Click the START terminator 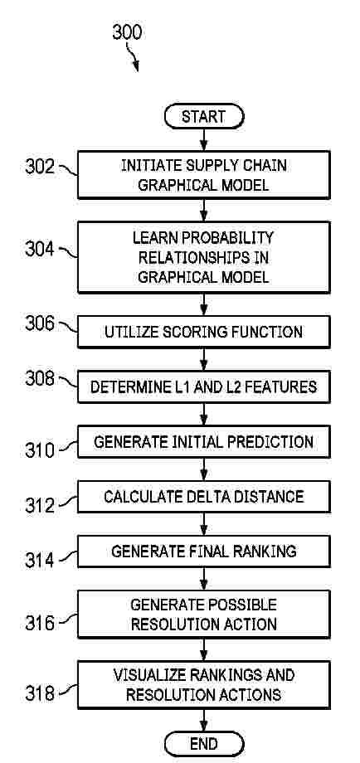tap(204, 117)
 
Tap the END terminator tap(204, 744)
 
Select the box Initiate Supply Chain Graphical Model tap(204, 175)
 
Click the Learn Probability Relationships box tap(204, 257)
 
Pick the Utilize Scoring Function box tap(204, 332)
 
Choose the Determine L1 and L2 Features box tap(204, 386)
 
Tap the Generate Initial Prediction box tap(204, 442)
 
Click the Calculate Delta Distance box tap(204, 497)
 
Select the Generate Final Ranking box tap(204, 552)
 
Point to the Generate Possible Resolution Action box tap(204, 614)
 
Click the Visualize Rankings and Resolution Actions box tap(204, 684)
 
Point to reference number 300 tap(127, 32)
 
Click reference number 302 tap(41, 166)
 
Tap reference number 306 tap(41, 324)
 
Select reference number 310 tap(41, 450)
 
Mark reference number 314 tap(41, 561)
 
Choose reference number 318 tap(41, 693)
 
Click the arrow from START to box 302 tap(204, 140)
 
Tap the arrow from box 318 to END tap(204, 720)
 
